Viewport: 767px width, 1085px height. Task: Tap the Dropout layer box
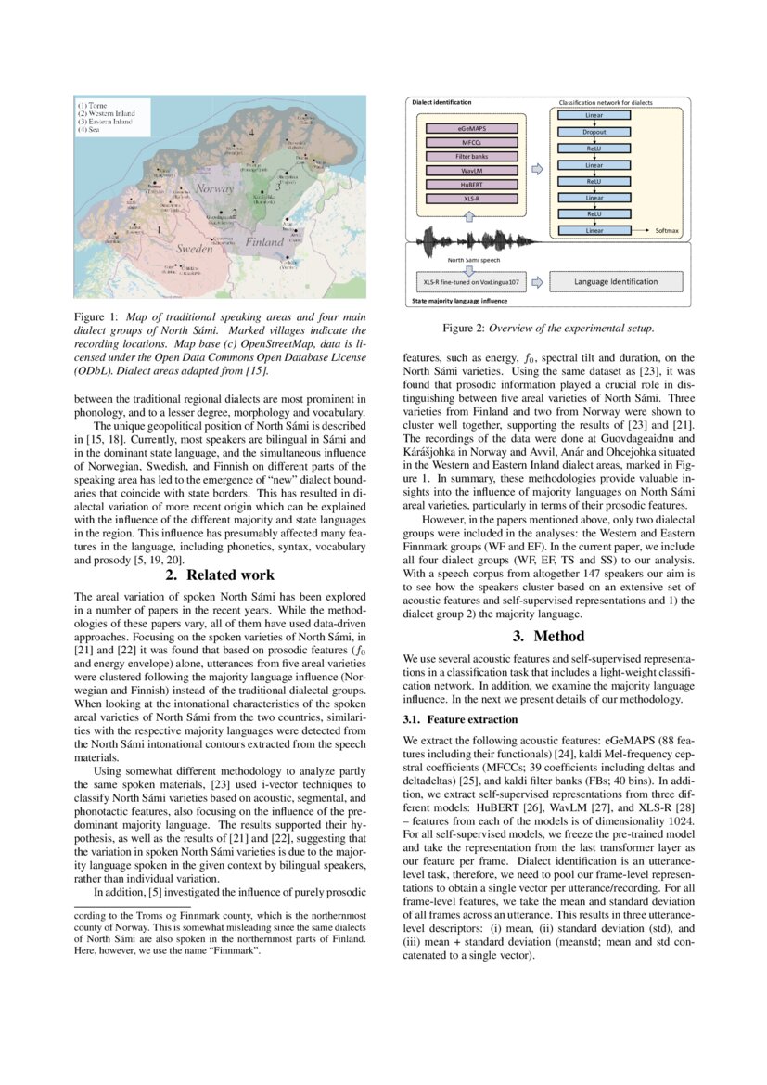pyautogui.click(x=594, y=132)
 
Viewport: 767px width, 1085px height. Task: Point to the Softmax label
pyautogui.click(x=667, y=230)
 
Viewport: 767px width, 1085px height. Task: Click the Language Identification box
pyautogui.click(x=615, y=281)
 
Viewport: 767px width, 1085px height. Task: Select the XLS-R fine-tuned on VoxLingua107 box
pyautogui.click(x=471, y=281)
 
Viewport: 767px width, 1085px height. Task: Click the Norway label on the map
pyautogui.click(x=215, y=188)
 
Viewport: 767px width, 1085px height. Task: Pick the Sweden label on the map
pyautogui.click(x=194, y=249)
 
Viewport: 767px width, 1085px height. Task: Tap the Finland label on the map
pyautogui.click(x=264, y=241)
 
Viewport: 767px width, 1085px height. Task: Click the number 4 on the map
pyautogui.click(x=251, y=133)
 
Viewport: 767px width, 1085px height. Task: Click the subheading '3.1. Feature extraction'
pyautogui.click(x=460, y=693)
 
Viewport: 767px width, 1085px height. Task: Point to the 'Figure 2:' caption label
pyautogui.click(x=464, y=328)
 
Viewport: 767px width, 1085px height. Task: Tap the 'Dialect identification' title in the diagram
pyautogui.click(x=441, y=101)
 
